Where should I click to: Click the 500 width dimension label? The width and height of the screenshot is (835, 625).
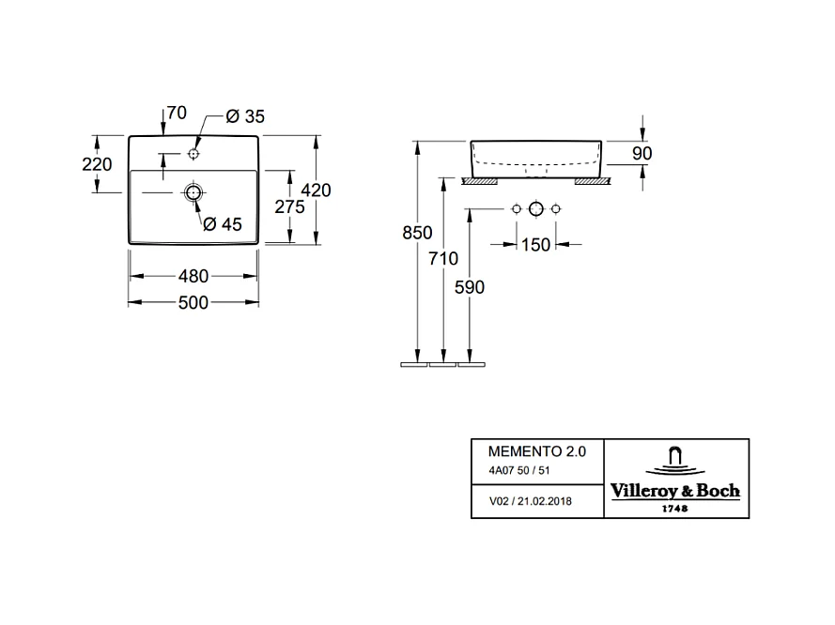click(192, 302)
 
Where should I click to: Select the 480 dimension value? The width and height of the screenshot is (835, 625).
click(192, 276)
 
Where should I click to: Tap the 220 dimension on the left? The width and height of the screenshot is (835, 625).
click(97, 163)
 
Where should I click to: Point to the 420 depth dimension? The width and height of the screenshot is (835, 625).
click(316, 190)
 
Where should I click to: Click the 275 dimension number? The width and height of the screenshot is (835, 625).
click(288, 207)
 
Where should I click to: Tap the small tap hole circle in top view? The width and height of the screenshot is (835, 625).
click(193, 153)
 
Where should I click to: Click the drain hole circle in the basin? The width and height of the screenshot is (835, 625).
click(193, 192)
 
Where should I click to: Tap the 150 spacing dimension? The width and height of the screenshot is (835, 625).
click(535, 245)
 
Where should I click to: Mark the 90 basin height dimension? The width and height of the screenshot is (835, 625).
click(642, 153)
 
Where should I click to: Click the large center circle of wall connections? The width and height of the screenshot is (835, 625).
click(535, 207)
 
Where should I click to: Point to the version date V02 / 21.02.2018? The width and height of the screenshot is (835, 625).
click(531, 501)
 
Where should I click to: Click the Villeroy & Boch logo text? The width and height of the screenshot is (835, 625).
click(674, 490)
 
